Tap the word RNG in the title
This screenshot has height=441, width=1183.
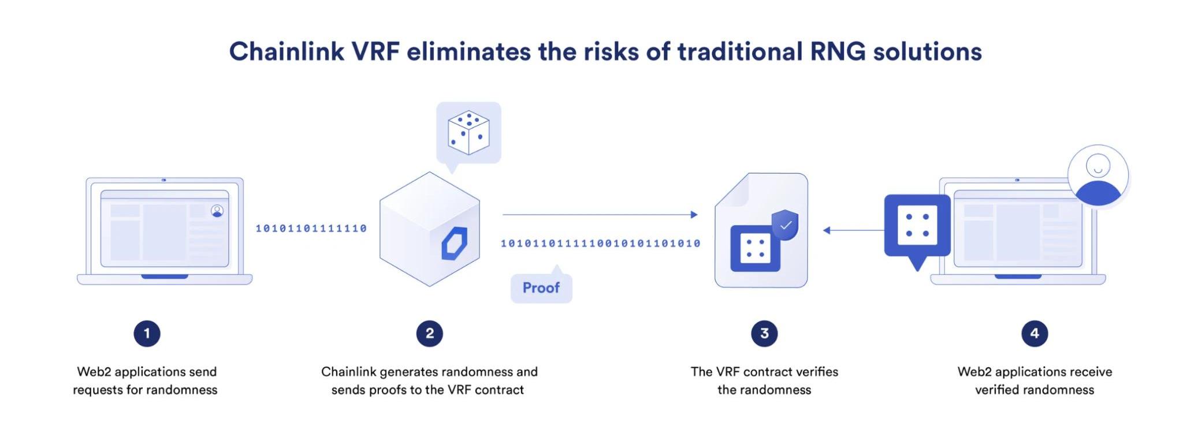pyautogui.click(x=838, y=51)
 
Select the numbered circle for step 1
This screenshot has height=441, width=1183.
pyautogui.click(x=147, y=334)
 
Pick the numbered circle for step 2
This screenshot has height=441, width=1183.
pyautogui.click(x=429, y=334)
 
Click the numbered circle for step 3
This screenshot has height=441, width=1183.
pyautogui.click(x=764, y=334)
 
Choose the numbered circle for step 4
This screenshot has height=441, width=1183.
pyautogui.click(x=1035, y=334)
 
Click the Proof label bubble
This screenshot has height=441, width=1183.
pyautogui.click(x=541, y=287)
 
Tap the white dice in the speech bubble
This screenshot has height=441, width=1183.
pyautogui.click(x=468, y=132)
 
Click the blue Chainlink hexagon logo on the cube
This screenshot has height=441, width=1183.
pyautogui.click(x=454, y=243)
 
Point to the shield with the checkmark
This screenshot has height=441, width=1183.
pyautogui.click(x=786, y=225)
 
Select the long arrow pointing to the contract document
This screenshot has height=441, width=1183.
pyautogui.click(x=600, y=215)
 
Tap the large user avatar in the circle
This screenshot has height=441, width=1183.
pyautogui.click(x=1098, y=176)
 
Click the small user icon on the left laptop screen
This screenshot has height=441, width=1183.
pyautogui.click(x=217, y=211)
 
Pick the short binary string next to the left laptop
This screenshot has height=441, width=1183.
pyautogui.click(x=311, y=229)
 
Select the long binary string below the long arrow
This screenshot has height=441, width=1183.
pyautogui.click(x=600, y=244)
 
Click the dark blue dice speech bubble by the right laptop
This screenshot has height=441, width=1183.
pyautogui.click(x=917, y=226)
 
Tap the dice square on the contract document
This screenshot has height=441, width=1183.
pyautogui.click(x=755, y=249)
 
